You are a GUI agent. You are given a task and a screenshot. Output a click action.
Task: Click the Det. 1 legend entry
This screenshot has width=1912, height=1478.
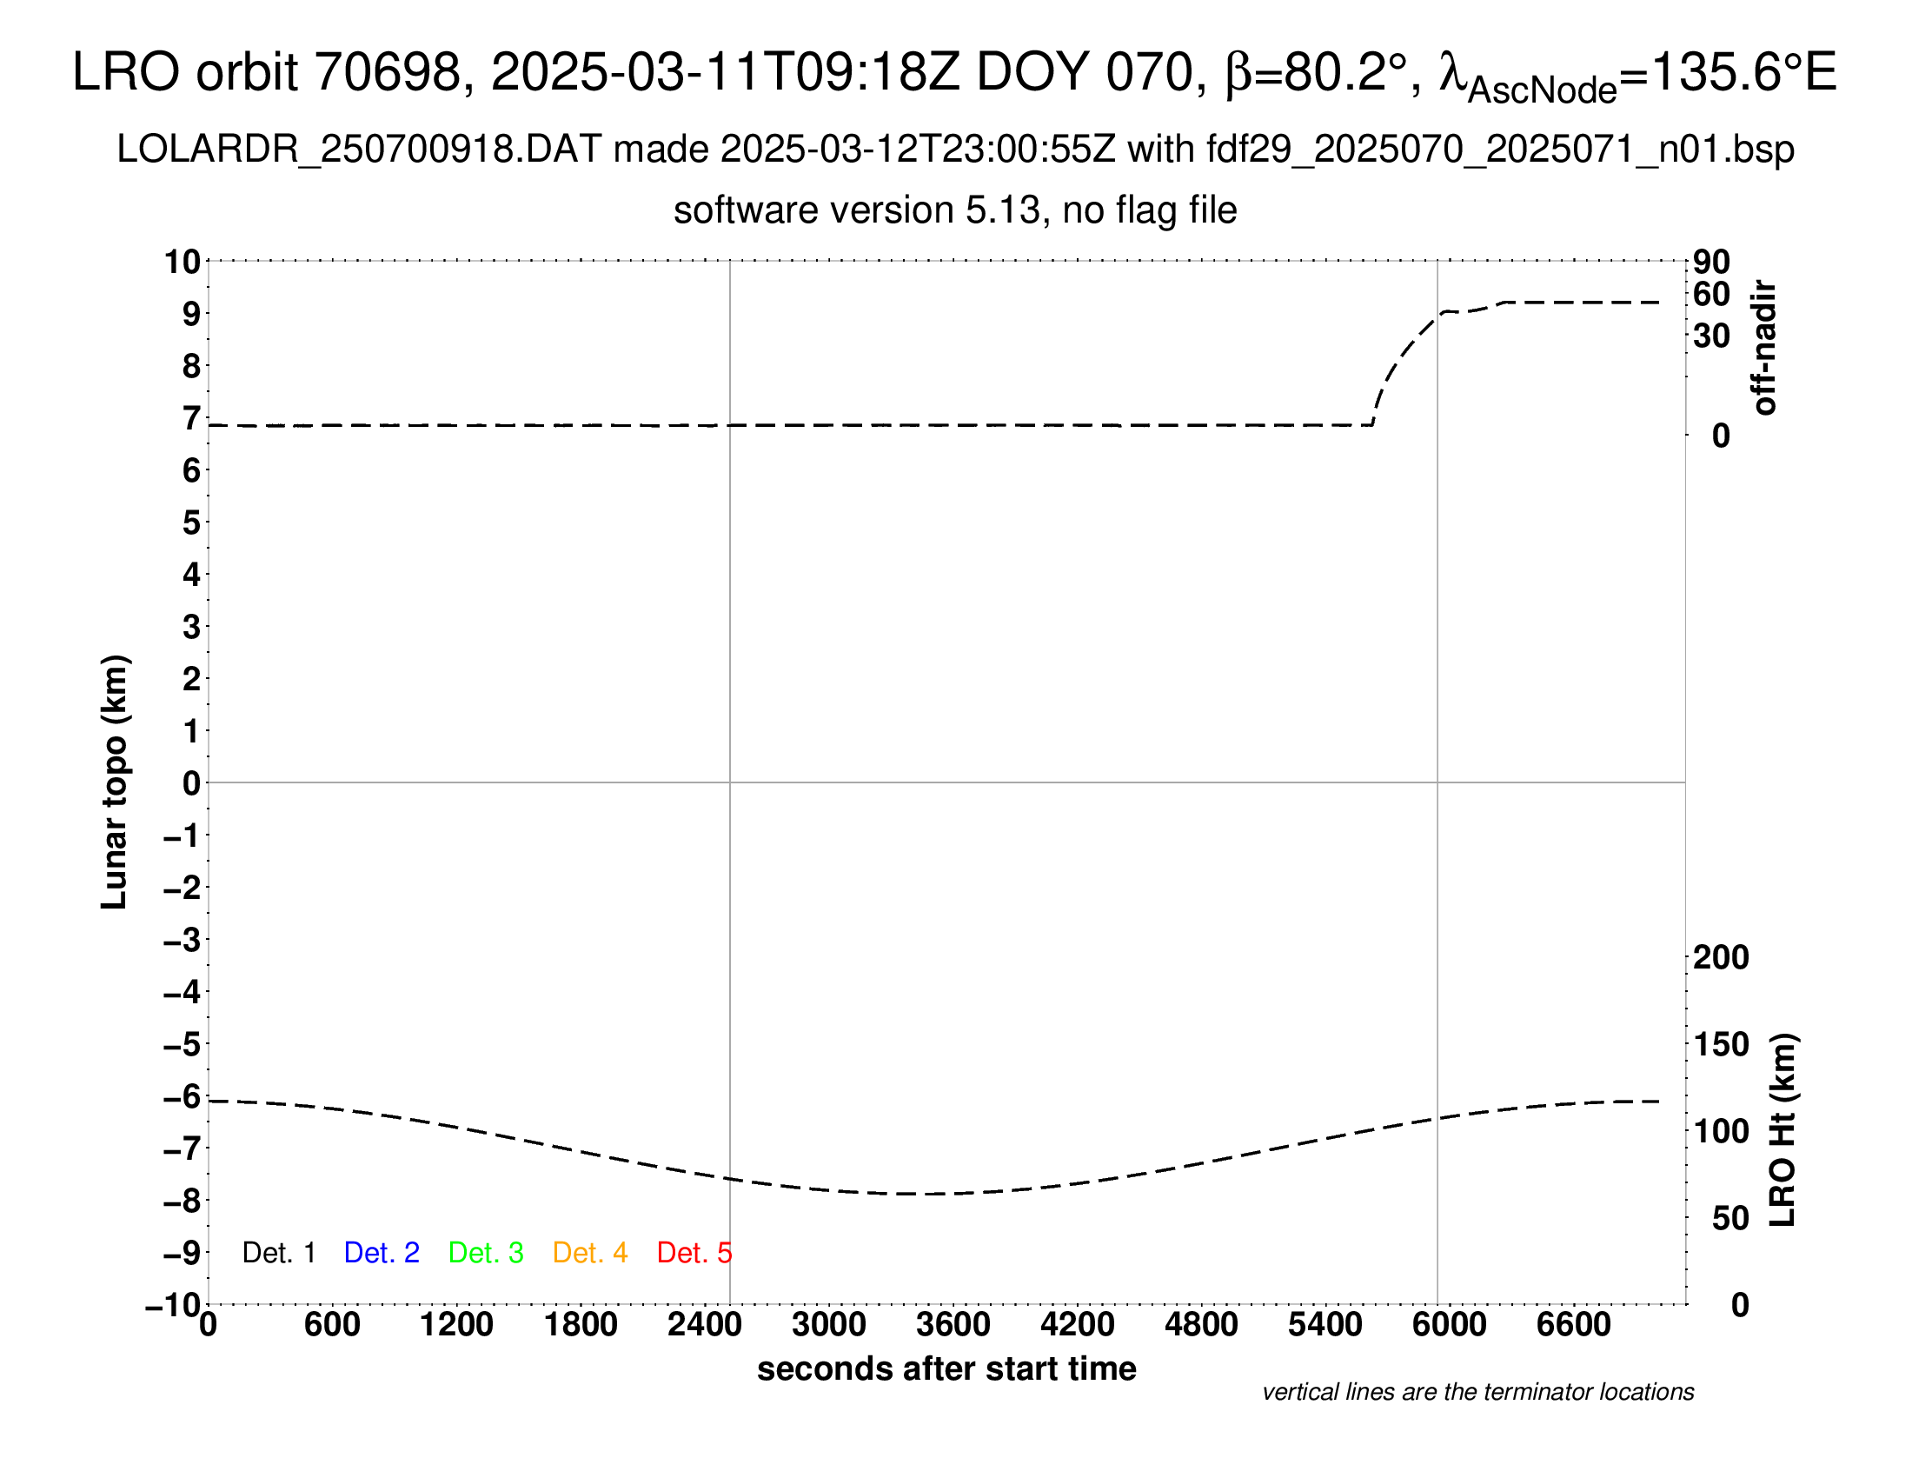[278, 1253]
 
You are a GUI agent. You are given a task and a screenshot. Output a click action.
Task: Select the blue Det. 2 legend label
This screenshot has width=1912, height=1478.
[382, 1253]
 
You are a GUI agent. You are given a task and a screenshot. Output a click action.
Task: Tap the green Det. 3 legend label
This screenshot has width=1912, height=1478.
[486, 1253]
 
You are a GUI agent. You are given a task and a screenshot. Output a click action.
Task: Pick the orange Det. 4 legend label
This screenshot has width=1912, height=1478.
[590, 1253]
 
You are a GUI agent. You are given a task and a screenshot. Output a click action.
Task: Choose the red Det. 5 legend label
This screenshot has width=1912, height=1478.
[694, 1253]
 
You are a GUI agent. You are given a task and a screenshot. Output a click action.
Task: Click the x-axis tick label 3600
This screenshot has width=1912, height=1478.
[953, 1325]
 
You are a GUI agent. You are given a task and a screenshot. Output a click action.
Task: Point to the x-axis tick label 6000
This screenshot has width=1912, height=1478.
[1449, 1325]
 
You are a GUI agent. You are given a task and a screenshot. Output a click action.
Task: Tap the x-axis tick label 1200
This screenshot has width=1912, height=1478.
[456, 1325]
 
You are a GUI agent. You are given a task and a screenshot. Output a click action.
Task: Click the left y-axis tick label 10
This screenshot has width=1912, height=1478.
[183, 262]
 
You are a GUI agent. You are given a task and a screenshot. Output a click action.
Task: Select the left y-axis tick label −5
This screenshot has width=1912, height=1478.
[183, 1044]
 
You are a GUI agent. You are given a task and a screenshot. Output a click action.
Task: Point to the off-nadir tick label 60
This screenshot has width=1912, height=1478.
[1711, 295]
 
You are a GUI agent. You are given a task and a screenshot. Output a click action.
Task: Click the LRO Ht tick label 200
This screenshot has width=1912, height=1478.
[1721, 958]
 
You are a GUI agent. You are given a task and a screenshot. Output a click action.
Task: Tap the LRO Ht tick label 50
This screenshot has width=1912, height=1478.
[1729, 1218]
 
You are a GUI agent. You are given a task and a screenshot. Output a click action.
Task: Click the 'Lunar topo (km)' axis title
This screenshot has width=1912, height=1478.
[115, 782]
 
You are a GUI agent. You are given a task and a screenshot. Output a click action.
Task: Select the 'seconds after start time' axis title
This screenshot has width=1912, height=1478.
[946, 1368]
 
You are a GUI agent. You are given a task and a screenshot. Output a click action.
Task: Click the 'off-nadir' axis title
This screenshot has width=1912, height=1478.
[1764, 348]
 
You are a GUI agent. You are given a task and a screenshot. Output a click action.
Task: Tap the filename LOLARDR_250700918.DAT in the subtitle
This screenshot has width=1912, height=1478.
[359, 150]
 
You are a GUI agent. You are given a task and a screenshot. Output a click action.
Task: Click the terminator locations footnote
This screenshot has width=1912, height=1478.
[1477, 1392]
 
